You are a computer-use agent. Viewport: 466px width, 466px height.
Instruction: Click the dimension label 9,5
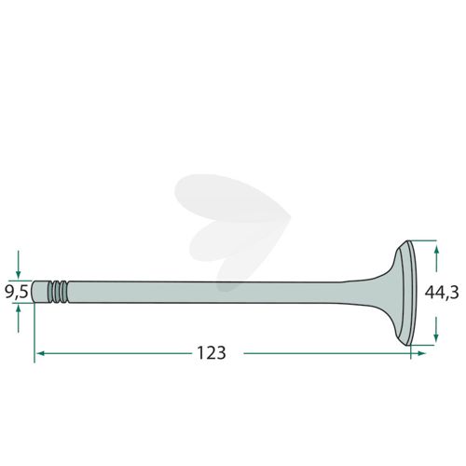tap(17, 292)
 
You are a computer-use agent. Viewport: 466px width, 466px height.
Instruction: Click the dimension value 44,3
tap(442, 292)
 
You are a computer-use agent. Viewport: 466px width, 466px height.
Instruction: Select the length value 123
tap(212, 352)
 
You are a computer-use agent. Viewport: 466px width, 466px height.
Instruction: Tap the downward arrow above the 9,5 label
tap(19, 264)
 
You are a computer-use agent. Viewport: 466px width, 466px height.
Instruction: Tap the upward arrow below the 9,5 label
tap(19, 319)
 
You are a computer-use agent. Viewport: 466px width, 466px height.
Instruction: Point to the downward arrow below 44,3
tap(436, 329)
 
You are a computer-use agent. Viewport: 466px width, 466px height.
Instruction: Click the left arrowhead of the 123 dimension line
tap(40, 353)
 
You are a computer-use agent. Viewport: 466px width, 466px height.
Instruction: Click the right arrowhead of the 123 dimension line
tap(421, 353)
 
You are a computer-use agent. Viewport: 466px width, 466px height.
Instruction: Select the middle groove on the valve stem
tap(58, 292)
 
